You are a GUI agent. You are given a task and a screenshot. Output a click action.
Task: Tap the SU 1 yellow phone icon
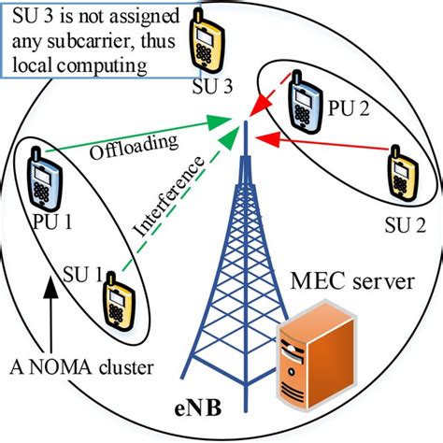point(119,296)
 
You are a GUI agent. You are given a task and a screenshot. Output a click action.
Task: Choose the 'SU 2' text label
point(407,227)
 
